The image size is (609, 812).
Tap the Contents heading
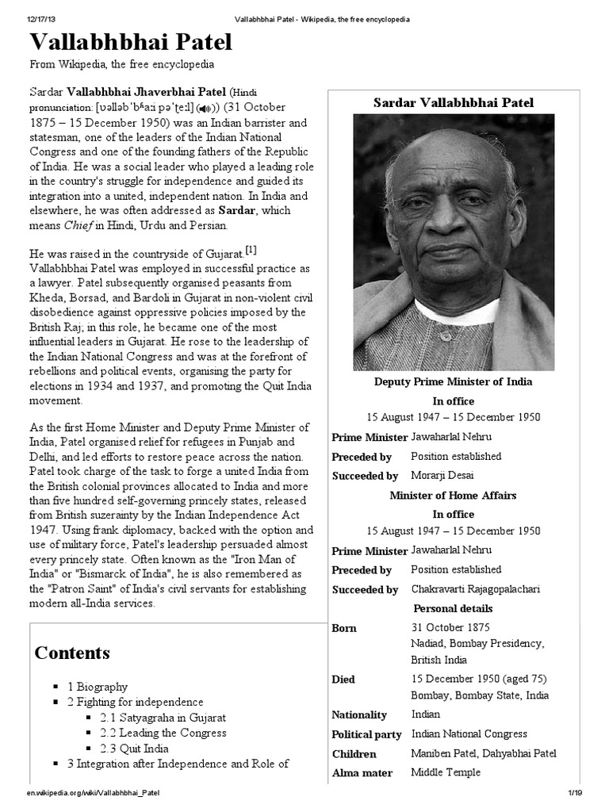pos(72,653)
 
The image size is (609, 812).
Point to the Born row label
pos(344,628)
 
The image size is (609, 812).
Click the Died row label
pos(343,680)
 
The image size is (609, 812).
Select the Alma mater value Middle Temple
pos(446,772)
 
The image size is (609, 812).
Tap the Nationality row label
pos(359,714)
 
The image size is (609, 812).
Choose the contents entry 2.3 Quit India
pos(135,748)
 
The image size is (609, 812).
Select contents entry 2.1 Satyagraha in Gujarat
pos(163,717)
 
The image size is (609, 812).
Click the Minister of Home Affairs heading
pos(453,495)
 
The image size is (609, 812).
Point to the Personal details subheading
pos(453,608)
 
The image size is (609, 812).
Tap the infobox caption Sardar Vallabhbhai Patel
pos(454,102)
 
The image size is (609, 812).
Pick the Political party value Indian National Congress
pos(469,733)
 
